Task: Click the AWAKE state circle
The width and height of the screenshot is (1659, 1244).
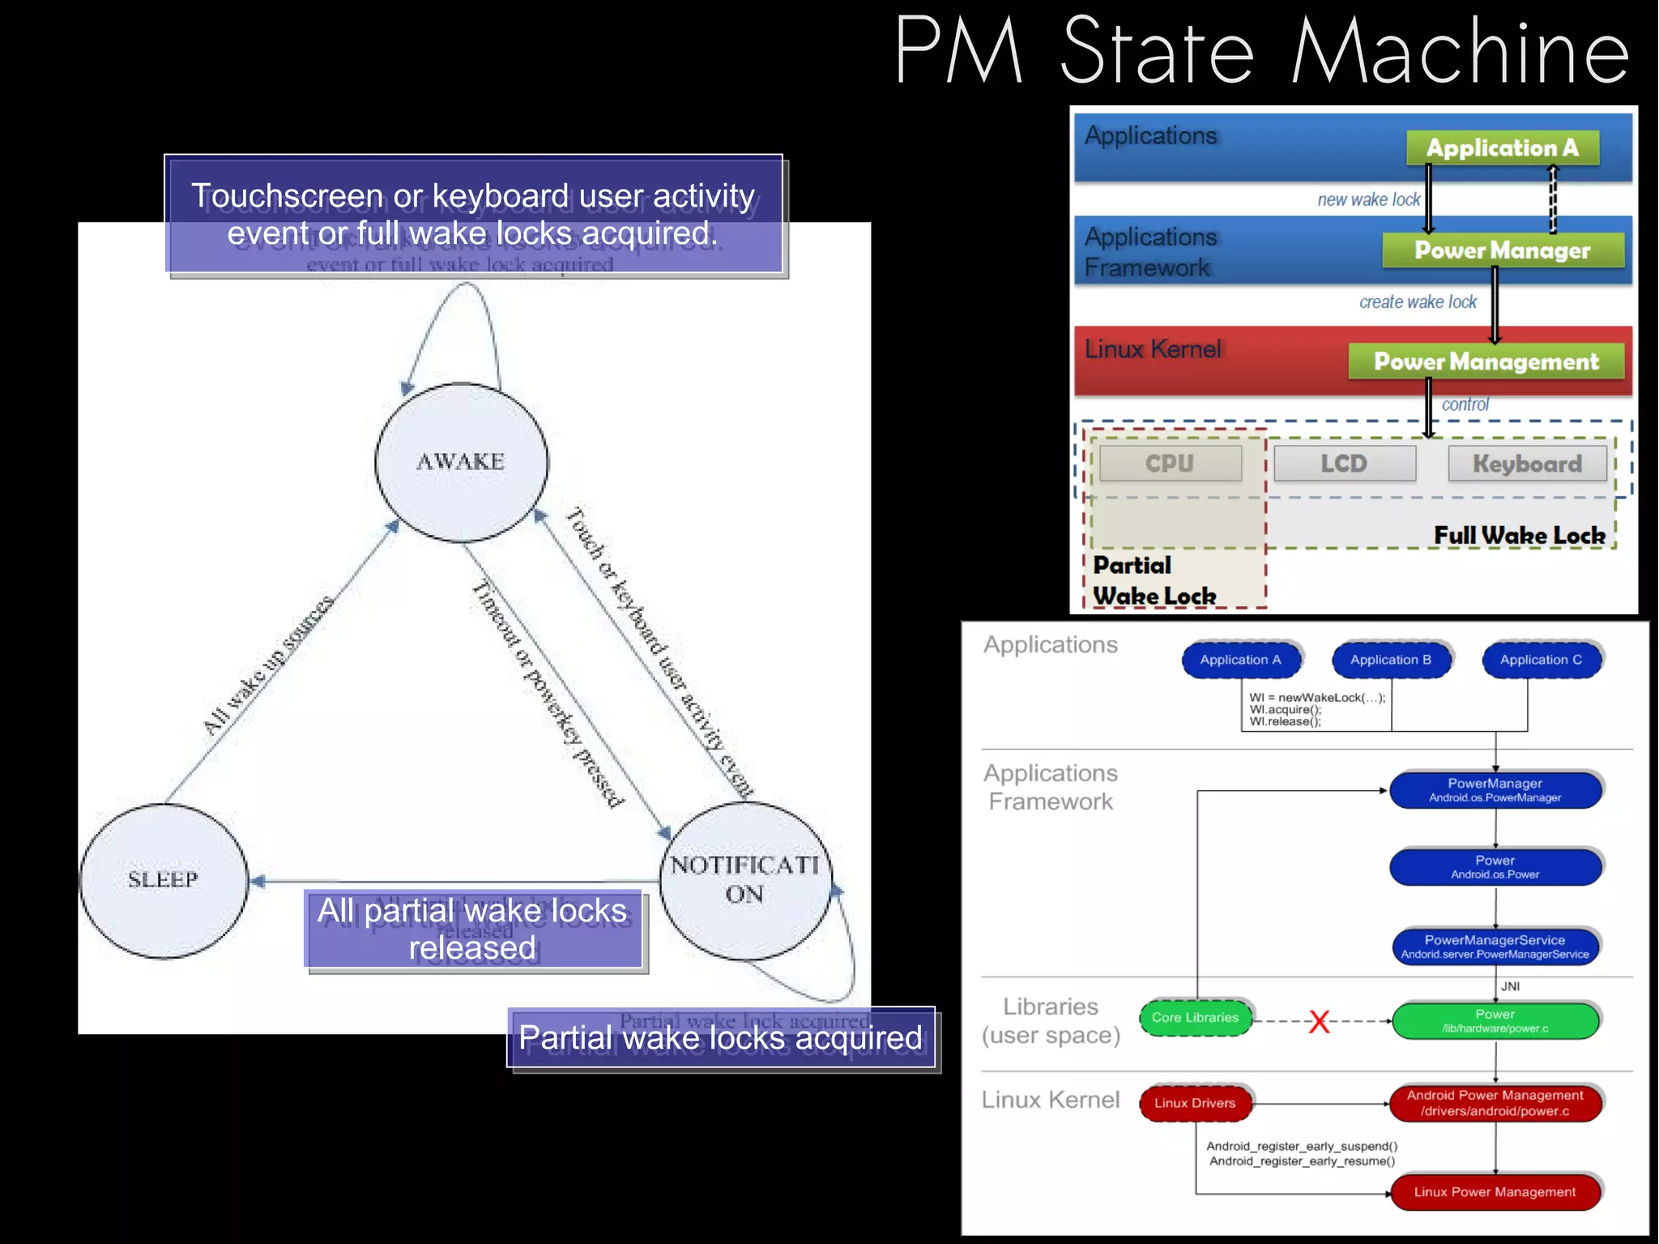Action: click(x=461, y=462)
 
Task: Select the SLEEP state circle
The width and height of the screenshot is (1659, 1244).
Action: click(x=164, y=880)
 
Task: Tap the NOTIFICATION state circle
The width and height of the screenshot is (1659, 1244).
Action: click(x=744, y=880)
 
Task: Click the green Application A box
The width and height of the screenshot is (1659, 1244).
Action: click(x=1502, y=148)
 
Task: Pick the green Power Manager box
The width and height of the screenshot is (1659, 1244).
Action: click(x=1502, y=250)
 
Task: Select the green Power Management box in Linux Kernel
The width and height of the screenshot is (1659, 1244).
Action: click(x=1486, y=361)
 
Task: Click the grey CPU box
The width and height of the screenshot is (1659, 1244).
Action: click(x=1169, y=464)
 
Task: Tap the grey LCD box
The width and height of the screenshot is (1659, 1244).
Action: click(x=1344, y=464)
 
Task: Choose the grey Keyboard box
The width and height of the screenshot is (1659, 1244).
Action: click(x=1527, y=464)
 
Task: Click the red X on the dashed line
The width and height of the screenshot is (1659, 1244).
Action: click(x=1319, y=1021)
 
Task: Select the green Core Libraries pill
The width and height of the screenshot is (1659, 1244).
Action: click(x=1195, y=1018)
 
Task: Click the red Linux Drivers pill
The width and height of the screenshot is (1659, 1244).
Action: click(x=1195, y=1104)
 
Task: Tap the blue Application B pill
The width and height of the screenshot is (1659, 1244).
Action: click(x=1390, y=660)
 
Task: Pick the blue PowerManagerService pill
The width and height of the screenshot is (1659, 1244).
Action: click(x=1495, y=946)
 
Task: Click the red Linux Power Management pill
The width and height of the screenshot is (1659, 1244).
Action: click(x=1495, y=1192)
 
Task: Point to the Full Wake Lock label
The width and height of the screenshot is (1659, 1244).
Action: click(x=1519, y=536)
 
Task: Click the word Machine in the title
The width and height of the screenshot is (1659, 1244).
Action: click(x=1460, y=52)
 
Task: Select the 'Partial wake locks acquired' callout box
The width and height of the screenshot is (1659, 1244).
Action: click(x=721, y=1038)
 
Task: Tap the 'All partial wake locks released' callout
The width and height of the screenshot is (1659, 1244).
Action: click(x=473, y=929)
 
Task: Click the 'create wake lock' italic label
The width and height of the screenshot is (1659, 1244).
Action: click(x=1418, y=302)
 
